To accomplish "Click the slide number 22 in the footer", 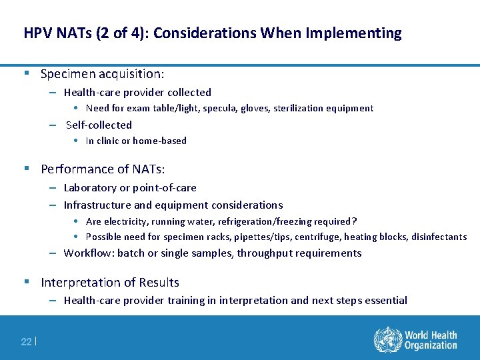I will click(x=26, y=341).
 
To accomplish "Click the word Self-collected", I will click(x=99, y=125).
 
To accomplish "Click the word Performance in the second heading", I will click(x=75, y=169).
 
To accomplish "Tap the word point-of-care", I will click(x=165, y=188).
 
